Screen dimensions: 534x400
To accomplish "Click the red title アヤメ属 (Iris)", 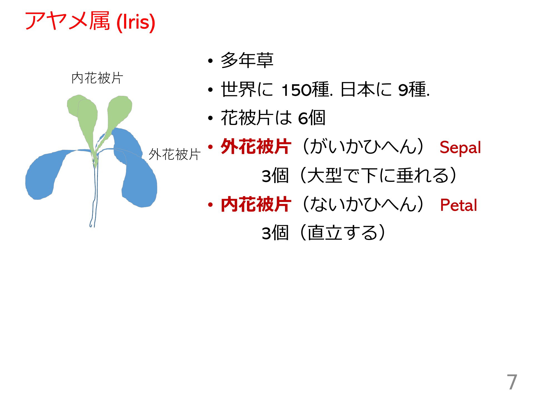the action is point(90,21).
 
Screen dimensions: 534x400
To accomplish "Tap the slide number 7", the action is point(512,382).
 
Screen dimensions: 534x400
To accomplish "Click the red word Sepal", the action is point(460,147).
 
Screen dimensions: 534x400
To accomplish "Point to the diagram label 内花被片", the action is point(97,78).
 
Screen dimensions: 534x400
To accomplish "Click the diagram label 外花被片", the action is point(174,154).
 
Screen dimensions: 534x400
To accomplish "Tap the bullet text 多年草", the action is point(247,60).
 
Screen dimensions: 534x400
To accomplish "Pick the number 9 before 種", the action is point(403,90).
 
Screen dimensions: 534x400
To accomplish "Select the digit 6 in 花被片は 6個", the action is point(303,119).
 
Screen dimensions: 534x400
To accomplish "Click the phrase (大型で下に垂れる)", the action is point(378,175).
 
